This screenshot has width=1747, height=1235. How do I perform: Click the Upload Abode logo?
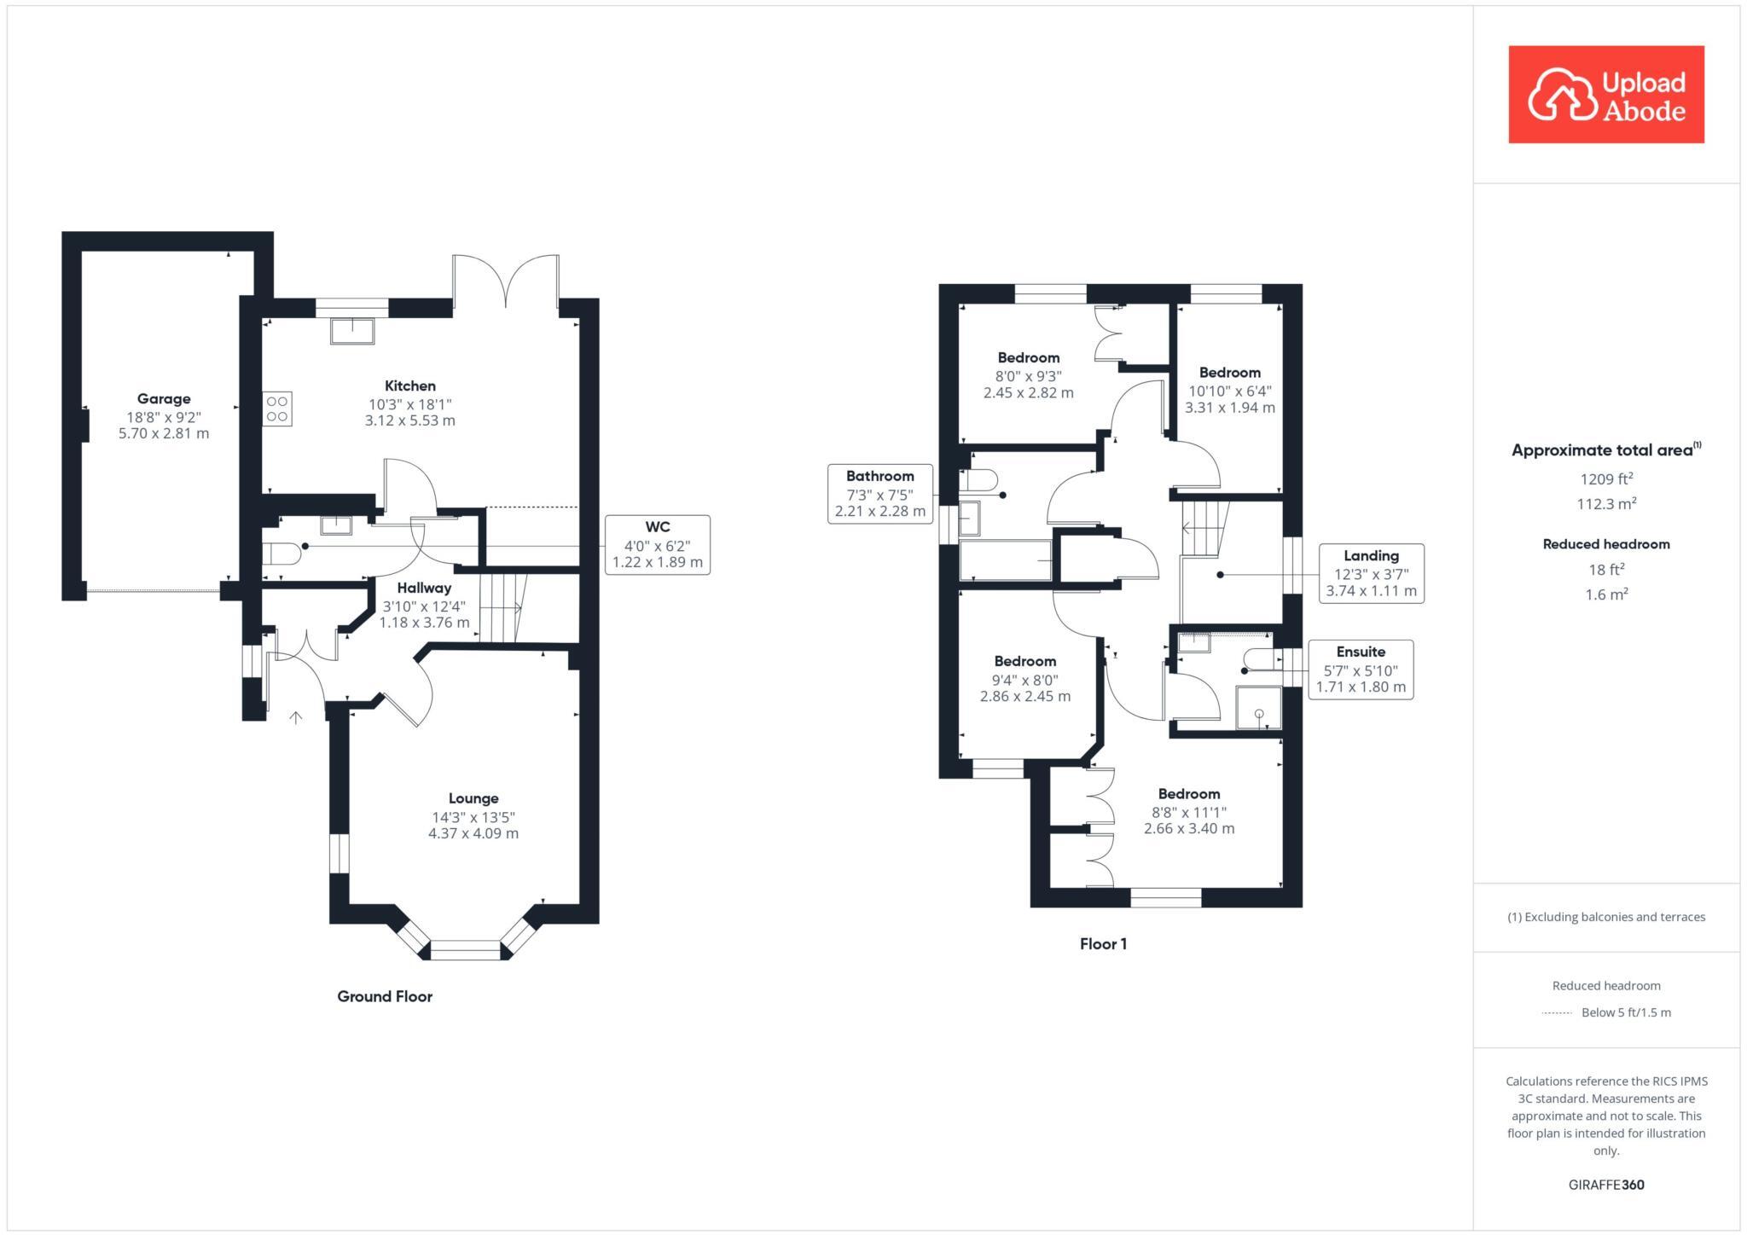coord(1605,95)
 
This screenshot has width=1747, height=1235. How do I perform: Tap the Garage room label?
coord(164,398)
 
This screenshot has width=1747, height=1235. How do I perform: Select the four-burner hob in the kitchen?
coord(277,409)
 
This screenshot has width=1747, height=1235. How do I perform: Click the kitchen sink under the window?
coord(352,331)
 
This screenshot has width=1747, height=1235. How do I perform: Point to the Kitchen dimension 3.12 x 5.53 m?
coord(409,420)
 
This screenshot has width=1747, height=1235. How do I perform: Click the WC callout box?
coord(657,544)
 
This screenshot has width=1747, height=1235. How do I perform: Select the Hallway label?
coord(424,588)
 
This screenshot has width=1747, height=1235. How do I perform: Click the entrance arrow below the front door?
coord(296,717)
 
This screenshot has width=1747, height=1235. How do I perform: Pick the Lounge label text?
coord(473,798)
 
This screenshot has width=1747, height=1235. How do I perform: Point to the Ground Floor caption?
coord(385,996)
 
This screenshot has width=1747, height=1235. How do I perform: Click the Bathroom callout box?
coord(879,494)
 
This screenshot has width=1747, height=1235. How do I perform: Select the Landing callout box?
coord(1371,573)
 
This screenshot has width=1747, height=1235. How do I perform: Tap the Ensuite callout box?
coord(1360,670)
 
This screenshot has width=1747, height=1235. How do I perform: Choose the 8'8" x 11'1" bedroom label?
coord(1188,811)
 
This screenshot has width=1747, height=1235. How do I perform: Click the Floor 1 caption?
coord(1103,943)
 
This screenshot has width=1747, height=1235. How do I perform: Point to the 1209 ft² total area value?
coord(1606,479)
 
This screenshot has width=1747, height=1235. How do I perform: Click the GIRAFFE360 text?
coord(1606,1185)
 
